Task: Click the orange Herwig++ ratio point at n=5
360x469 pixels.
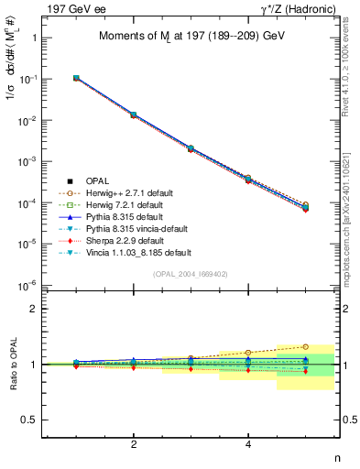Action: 306,347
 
